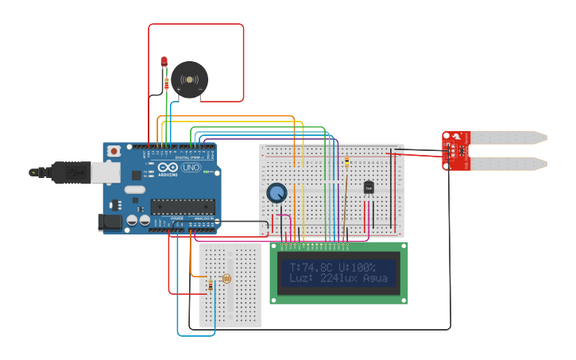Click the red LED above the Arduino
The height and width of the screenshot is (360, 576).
[x=164, y=61]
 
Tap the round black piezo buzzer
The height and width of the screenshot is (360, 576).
[x=190, y=79]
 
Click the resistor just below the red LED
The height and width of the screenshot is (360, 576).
[x=165, y=83]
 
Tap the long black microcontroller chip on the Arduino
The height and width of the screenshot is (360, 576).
[x=183, y=207]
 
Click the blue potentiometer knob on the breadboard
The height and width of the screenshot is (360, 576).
[x=276, y=193]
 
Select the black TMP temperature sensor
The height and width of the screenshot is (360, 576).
[x=368, y=188]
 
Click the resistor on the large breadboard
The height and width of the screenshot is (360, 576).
[x=347, y=163]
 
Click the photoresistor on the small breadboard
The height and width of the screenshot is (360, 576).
[x=226, y=279]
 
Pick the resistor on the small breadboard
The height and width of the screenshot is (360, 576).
[x=210, y=285]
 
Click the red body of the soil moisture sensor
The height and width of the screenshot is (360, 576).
[x=456, y=150]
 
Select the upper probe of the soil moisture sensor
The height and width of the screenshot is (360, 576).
[x=508, y=137]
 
